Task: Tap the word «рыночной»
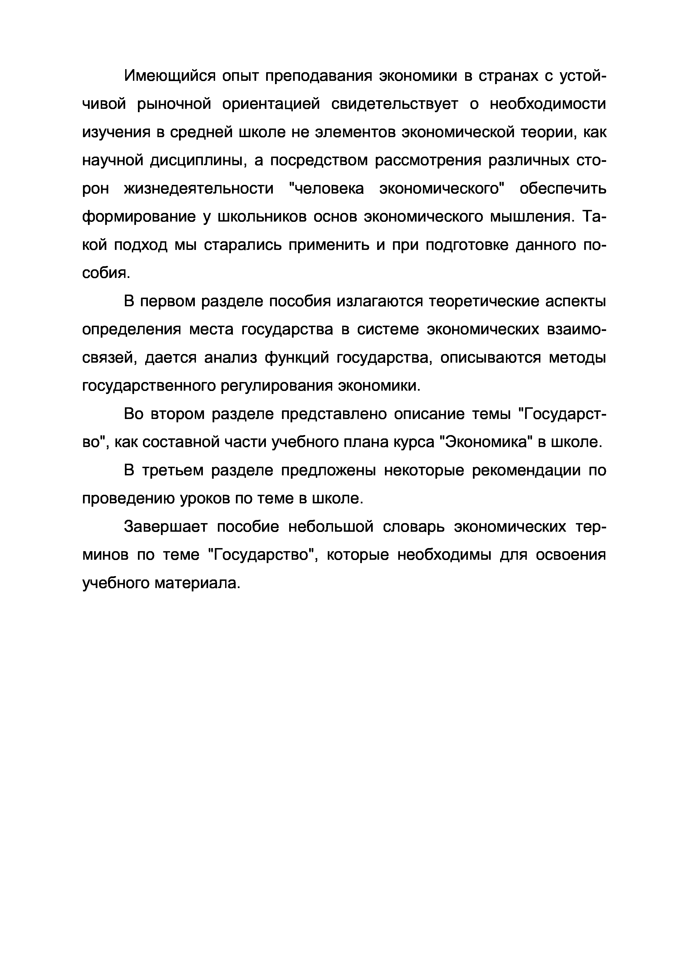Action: click(174, 104)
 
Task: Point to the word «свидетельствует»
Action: click(394, 104)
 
